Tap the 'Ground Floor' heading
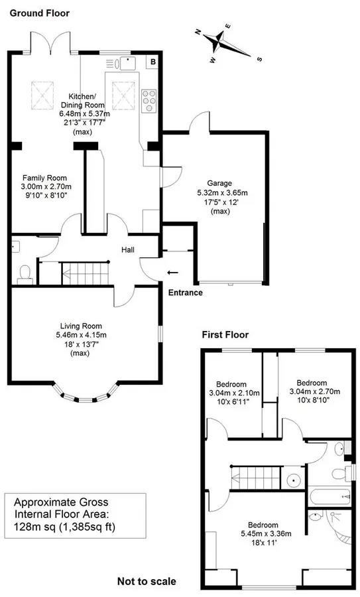click(39, 13)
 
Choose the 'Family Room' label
click(44, 178)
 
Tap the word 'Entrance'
click(185, 293)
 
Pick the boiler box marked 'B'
click(153, 62)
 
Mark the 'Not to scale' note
click(147, 581)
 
